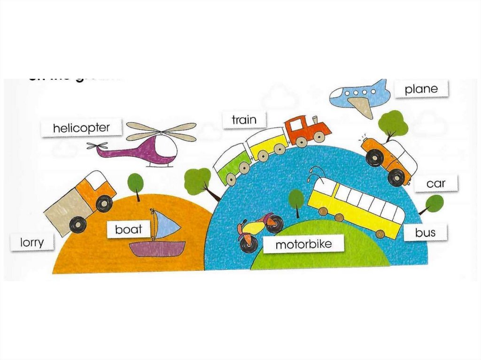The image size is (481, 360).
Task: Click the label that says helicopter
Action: point(81,128)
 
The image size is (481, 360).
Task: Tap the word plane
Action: point(421,89)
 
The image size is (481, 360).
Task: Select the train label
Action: point(244,120)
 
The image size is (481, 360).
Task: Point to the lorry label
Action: point(32,242)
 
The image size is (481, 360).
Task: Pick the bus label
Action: point(425,232)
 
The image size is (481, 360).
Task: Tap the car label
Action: point(435,184)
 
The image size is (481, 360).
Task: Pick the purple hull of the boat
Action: point(157,249)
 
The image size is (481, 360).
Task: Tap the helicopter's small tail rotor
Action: point(97,146)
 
